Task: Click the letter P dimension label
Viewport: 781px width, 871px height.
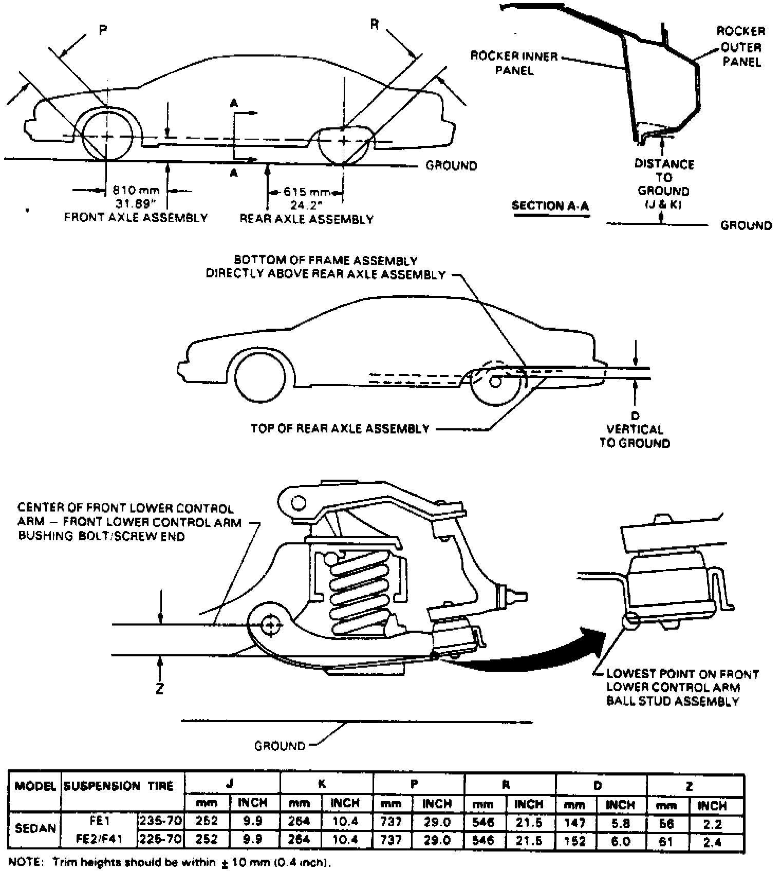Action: [x=103, y=30]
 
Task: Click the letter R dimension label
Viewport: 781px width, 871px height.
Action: [x=375, y=24]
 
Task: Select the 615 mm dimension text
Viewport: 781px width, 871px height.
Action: [x=307, y=192]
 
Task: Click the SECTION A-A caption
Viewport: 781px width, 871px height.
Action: [x=550, y=206]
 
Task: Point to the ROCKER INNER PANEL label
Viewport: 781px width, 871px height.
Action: [x=514, y=63]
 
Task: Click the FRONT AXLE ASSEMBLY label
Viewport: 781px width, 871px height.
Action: [x=136, y=217]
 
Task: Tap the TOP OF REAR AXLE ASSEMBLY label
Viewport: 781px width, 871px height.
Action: [x=340, y=428]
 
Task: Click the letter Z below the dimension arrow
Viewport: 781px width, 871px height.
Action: [x=160, y=689]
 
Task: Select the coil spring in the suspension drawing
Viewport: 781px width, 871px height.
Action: [x=359, y=588]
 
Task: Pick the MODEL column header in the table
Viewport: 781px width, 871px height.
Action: [x=35, y=786]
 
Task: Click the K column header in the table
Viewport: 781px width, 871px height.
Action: [x=322, y=784]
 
